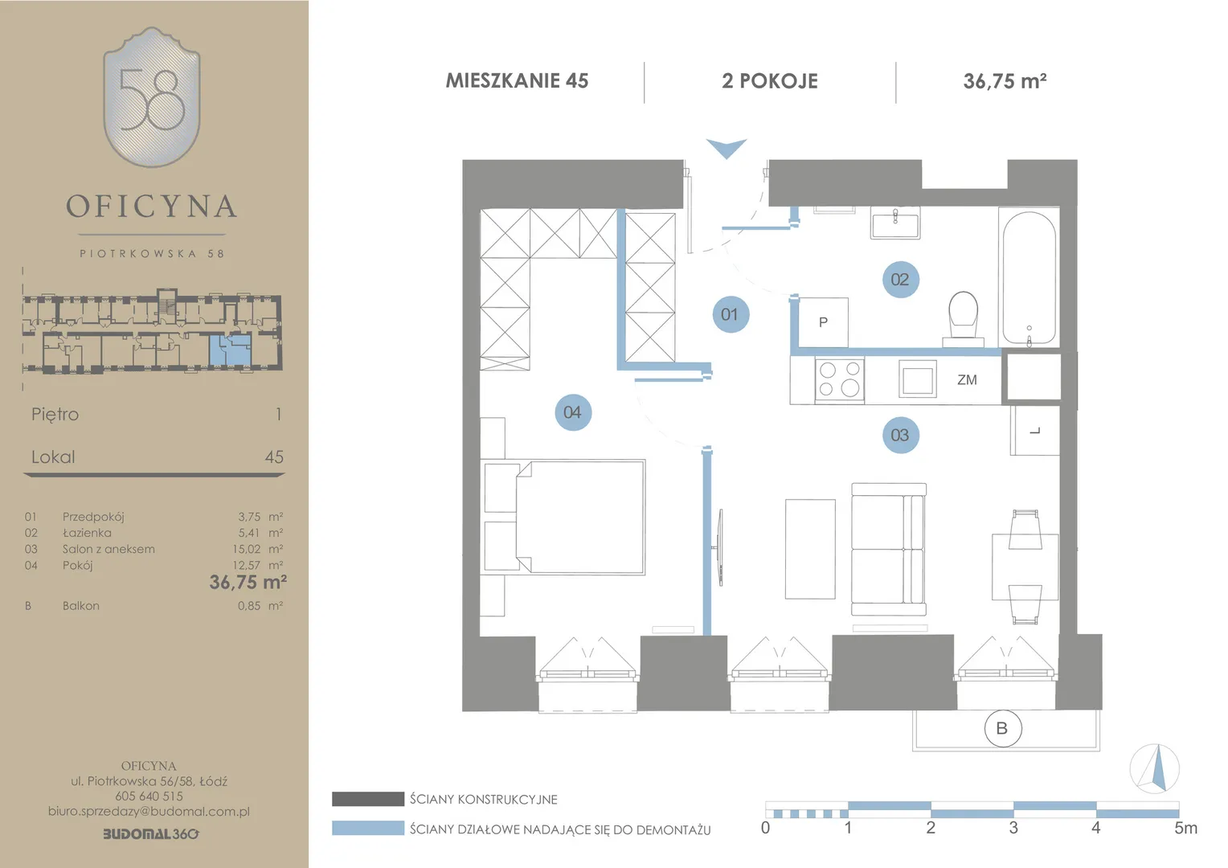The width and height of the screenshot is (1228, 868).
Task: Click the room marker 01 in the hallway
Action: coord(731,314)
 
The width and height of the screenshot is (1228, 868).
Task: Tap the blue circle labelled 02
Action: coord(900,280)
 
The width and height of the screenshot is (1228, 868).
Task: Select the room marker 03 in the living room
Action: coord(900,436)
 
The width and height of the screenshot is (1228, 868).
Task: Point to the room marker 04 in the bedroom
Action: coord(573,412)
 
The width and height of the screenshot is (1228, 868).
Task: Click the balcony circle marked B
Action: coord(1003,728)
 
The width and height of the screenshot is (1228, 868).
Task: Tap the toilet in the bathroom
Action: coord(964,319)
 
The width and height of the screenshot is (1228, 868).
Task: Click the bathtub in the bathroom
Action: coord(1029,277)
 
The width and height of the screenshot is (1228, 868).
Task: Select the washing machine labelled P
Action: coord(824,322)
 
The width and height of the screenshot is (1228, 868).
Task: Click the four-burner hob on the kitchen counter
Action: coord(839,379)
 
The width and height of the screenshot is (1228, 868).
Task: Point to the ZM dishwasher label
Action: coord(967,379)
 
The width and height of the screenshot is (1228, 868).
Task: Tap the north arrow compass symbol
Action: coord(1155,768)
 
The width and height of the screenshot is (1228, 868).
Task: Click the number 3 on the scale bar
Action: coord(1013,828)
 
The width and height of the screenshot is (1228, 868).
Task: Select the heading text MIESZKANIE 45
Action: coord(517,80)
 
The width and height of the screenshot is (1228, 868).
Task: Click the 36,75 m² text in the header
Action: coord(1005,80)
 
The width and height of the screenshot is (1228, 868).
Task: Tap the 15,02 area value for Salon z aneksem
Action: coord(246,549)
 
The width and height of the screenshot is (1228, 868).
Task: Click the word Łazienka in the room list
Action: coord(87,532)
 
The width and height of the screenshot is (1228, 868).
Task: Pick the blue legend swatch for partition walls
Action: coord(368,828)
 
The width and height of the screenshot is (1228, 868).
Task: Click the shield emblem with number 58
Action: coord(152,97)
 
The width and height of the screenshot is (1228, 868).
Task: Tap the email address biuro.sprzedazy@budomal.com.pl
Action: coord(149,812)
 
